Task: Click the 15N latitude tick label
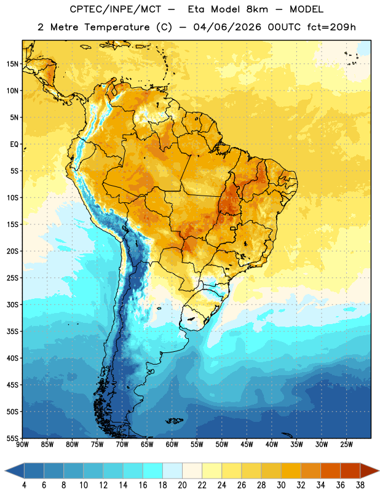click(12, 64)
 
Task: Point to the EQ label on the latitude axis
click(14, 145)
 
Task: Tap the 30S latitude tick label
click(12, 304)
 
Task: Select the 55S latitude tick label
click(12, 438)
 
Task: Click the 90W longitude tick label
click(22, 445)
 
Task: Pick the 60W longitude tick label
click(172, 445)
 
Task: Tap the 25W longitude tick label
click(346, 445)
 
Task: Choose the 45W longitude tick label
click(247, 445)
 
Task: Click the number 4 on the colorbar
click(24, 485)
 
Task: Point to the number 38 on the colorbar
click(360, 485)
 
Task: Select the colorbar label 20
click(182, 485)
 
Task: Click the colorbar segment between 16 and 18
click(153, 470)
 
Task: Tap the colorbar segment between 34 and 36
click(331, 470)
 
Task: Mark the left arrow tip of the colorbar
click(5, 470)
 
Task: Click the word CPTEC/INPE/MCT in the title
click(116, 9)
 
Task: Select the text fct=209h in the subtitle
click(331, 27)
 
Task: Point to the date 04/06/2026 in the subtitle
click(228, 27)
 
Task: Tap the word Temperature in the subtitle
click(117, 27)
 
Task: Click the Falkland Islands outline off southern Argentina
click(175, 421)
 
